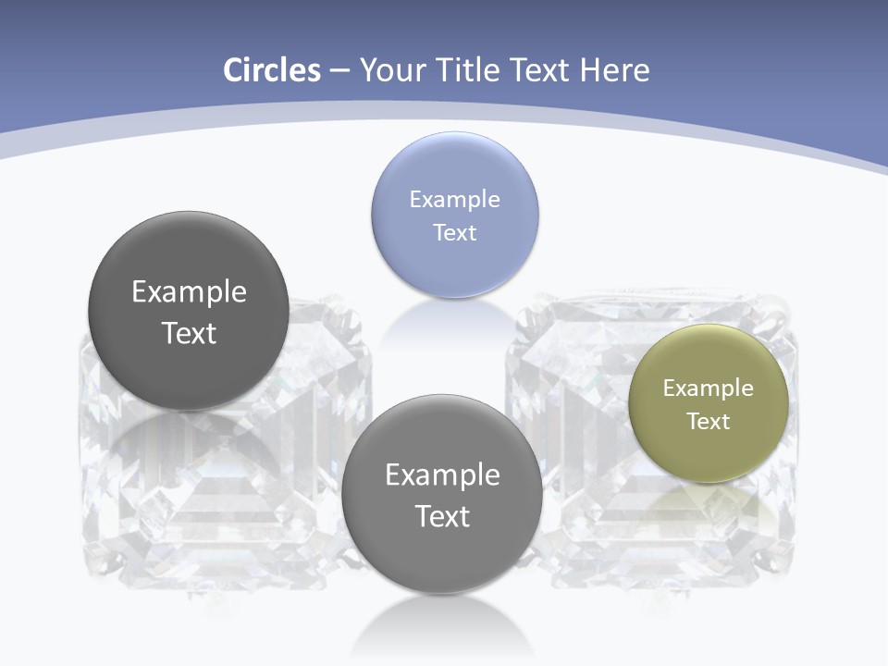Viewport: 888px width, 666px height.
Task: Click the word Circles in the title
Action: coord(272,70)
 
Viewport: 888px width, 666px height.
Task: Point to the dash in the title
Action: coord(339,71)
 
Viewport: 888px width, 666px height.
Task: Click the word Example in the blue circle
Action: coord(454,199)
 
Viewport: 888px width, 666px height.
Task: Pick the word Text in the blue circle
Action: coord(454,232)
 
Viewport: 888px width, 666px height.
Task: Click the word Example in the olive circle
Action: coord(709,388)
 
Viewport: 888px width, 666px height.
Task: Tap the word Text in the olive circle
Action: coord(709,421)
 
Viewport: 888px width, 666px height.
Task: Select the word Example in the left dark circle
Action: coord(189,291)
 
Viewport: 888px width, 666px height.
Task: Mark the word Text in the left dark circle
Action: coord(189,333)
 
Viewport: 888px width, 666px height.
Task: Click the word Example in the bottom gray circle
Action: coord(442,475)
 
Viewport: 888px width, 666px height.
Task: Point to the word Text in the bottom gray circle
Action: coord(442,516)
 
